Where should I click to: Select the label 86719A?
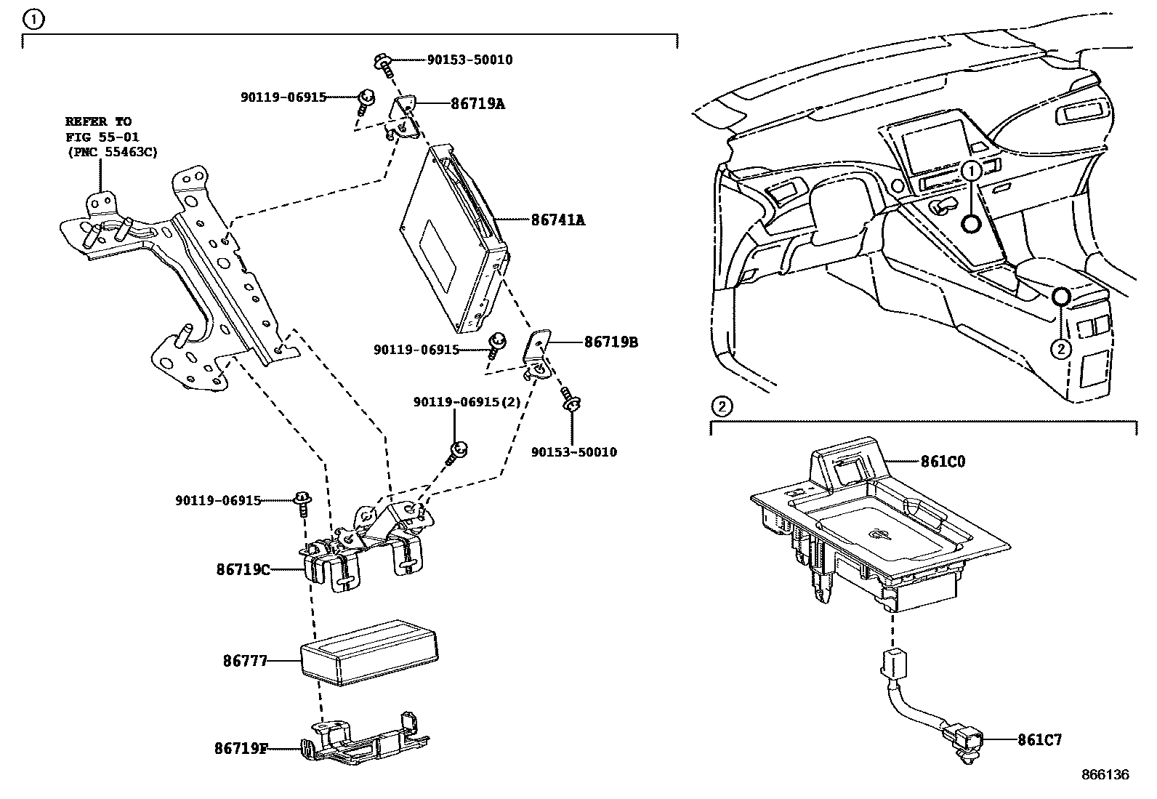click(x=477, y=103)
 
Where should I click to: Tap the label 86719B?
click(x=610, y=341)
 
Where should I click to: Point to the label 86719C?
click(x=243, y=569)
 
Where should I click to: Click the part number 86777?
click(x=245, y=662)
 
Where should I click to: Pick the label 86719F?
click(x=241, y=747)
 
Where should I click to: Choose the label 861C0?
click(x=943, y=461)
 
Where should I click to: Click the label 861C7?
click(x=1039, y=740)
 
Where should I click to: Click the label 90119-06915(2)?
click(x=467, y=402)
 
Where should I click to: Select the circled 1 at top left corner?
click(x=34, y=19)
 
